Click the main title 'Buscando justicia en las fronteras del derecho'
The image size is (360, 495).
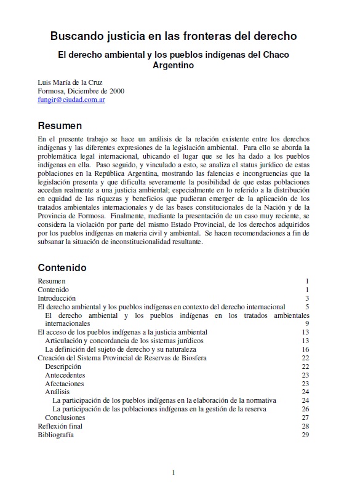pos(174,36)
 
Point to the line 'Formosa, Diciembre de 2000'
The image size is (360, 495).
pos(81,90)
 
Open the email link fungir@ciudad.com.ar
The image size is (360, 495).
pos(71,99)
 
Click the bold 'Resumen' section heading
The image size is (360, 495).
pos(60,125)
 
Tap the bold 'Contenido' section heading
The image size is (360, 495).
pos(62,267)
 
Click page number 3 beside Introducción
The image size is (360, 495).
pos(306,298)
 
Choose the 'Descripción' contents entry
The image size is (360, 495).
pos(63,366)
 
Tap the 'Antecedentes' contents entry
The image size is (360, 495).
pos(65,375)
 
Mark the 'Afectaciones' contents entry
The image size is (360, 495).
pos(65,384)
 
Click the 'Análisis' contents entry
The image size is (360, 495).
pos(57,392)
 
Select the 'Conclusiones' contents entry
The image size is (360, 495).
pos(65,418)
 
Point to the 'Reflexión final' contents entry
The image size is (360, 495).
pos(60,426)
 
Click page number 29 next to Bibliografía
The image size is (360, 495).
pos(305,435)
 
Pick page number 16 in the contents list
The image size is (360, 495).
pos(305,349)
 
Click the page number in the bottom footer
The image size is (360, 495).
pos(174,472)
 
